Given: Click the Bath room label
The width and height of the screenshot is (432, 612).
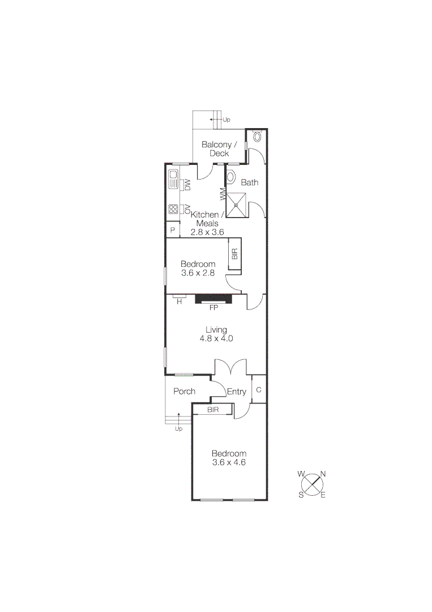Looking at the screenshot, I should [x=250, y=182].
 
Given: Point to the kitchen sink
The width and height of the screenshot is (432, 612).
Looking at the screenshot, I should [x=173, y=181].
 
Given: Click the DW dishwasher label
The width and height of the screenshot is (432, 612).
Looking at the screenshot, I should [x=187, y=184].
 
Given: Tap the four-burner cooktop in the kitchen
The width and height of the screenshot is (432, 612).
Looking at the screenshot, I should [x=173, y=210].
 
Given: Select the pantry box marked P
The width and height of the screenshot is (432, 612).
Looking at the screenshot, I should [x=172, y=231].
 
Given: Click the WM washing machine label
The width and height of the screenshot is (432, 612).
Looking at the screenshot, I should [x=222, y=195].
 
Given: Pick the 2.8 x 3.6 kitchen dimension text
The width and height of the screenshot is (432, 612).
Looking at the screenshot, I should [x=207, y=232].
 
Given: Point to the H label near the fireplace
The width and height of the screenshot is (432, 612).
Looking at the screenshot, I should [x=179, y=302].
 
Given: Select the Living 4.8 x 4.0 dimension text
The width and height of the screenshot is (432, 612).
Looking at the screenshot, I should [x=216, y=338].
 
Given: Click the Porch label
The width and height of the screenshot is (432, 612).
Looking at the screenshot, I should [x=185, y=391].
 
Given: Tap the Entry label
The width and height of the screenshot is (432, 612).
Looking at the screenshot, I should [x=236, y=392].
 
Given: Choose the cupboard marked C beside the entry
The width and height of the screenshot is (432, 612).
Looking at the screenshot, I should [x=259, y=390].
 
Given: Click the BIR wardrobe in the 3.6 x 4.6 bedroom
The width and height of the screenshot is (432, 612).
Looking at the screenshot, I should [x=213, y=409].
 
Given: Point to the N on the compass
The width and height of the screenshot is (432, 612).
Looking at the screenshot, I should [x=323, y=474].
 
